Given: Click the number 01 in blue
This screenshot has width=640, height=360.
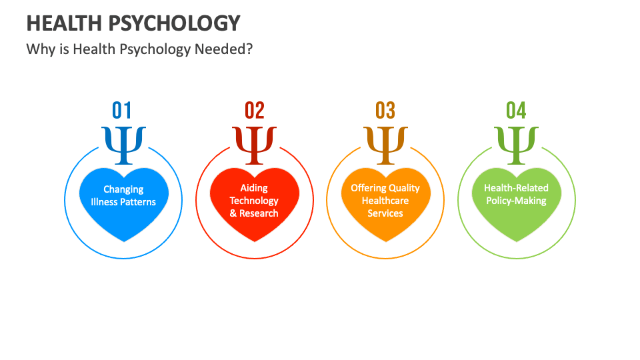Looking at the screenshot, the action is coord(122,110).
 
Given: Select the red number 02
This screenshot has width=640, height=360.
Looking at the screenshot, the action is coord(255,110).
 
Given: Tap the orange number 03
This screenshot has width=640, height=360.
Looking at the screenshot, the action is coord(385,110).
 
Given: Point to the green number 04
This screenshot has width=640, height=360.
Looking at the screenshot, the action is coord(516,110).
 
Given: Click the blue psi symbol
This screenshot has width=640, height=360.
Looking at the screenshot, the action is coord(123,144).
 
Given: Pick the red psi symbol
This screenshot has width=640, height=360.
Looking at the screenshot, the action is coord(255,144).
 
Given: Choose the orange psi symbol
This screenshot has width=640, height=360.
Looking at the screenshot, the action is coord(385,144).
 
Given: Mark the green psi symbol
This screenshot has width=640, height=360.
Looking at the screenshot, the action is coord(516,144).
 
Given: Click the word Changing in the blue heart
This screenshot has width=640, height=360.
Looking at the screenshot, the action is coord(123,190).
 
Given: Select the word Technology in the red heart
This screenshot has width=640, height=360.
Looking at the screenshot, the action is coord(254,201).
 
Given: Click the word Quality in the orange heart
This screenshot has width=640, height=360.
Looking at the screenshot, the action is coord(404,188).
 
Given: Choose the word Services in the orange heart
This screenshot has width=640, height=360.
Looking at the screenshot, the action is coord(385,213).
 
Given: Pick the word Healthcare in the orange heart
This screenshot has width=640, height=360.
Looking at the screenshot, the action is coord(385,201).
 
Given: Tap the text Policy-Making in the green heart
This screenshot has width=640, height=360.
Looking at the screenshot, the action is coord(516,201).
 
